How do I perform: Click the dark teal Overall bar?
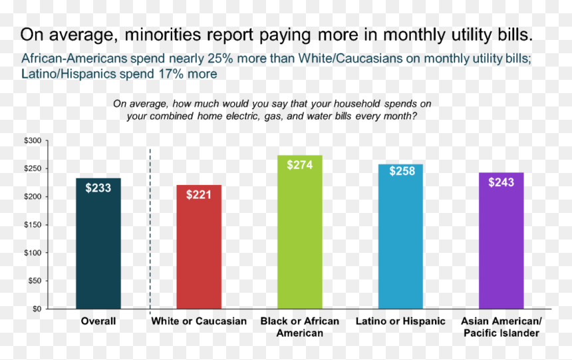pos(98,244)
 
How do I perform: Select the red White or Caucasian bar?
pos(199,247)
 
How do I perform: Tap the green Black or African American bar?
pos(300,232)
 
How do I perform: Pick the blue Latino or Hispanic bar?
pos(400,237)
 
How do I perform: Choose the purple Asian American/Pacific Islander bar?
pos(501,241)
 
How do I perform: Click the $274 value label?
pos(300,165)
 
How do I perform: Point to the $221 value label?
pos(199,194)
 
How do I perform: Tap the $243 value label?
pos(501,182)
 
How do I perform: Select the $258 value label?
pos(402,171)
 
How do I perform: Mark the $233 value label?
pos(98,188)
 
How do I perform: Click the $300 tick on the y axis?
pos(33,140)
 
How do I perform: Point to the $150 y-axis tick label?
pos(33,225)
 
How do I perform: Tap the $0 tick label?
pos(37,309)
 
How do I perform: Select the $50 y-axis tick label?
pos(35,281)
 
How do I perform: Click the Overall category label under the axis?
pos(98,321)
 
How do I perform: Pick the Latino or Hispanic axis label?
pos(400,321)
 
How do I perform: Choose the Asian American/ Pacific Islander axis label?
pos(501,327)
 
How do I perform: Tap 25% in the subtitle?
pos(220,59)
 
